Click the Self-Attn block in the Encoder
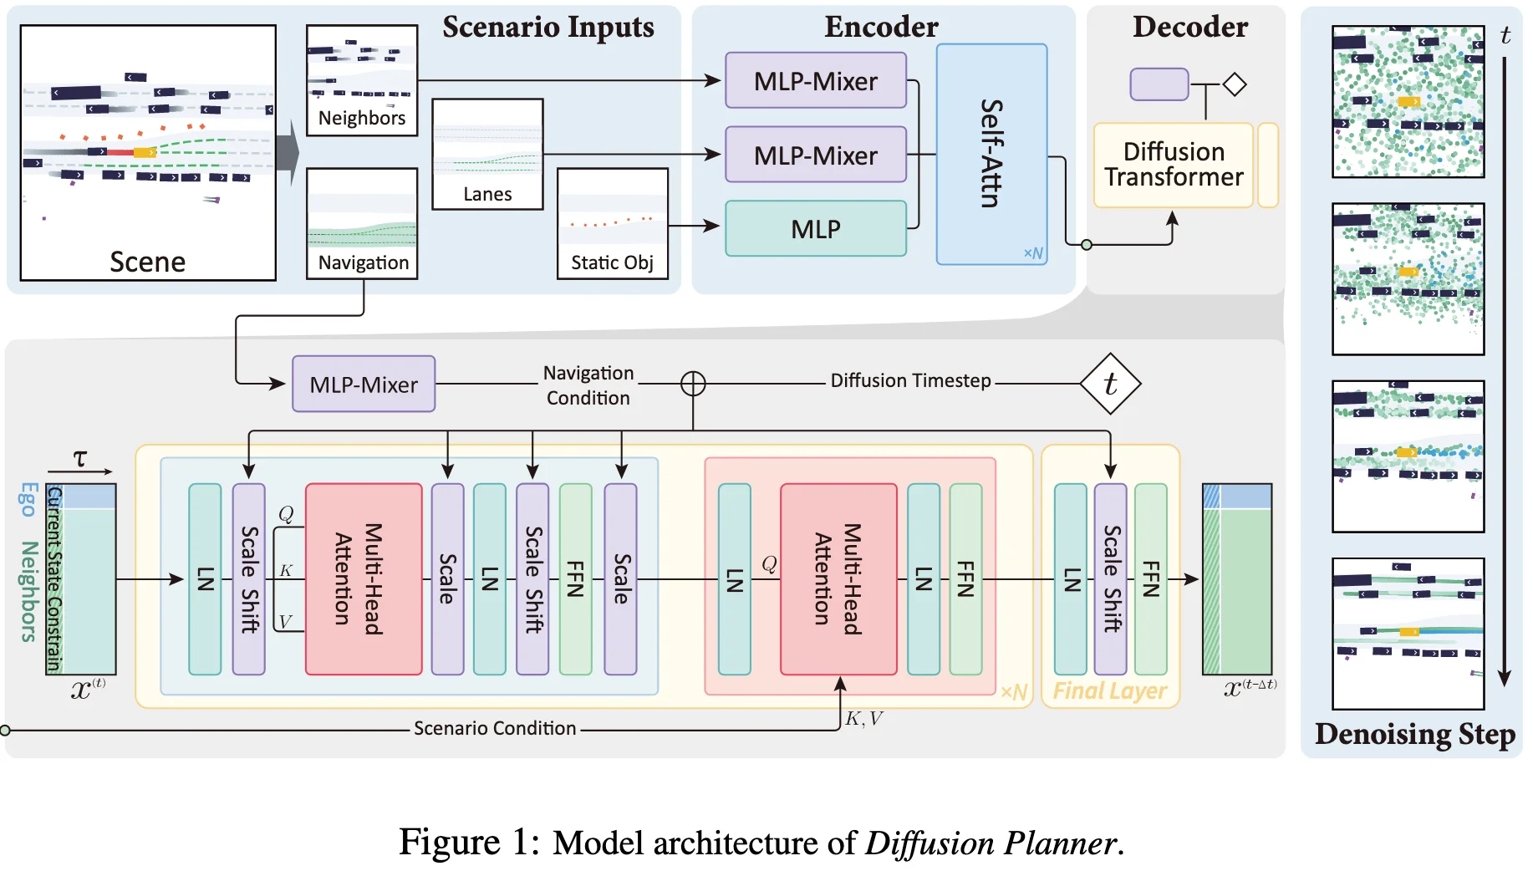click(991, 154)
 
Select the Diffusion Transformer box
click(1173, 165)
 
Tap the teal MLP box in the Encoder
click(815, 228)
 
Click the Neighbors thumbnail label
click(362, 118)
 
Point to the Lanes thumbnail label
click(487, 194)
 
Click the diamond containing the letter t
click(1110, 384)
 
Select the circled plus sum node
click(693, 384)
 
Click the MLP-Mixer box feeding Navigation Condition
click(364, 385)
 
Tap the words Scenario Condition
click(495, 728)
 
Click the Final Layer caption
click(1109, 690)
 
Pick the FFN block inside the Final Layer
click(1150, 578)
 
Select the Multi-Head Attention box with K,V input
click(838, 578)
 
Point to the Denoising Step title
click(1414, 734)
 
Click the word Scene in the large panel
click(148, 262)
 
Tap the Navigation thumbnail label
click(364, 262)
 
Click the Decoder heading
click(1189, 27)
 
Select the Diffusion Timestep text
click(910, 380)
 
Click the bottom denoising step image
click(1408, 633)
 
